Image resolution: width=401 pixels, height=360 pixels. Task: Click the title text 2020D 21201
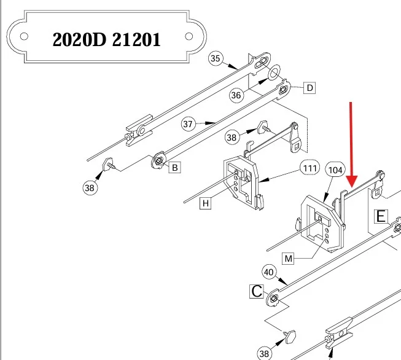pyautogui.click(x=106, y=39)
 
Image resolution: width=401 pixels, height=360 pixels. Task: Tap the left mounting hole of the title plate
pyautogui.click(x=24, y=36)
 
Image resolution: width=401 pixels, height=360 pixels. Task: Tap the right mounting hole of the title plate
pyautogui.click(x=189, y=36)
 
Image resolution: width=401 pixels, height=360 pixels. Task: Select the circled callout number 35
pyautogui.click(x=216, y=58)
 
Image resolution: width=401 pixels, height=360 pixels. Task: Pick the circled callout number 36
pyautogui.click(x=236, y=95)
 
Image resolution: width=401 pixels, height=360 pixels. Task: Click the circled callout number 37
pyautogui.click(x=188, y=124)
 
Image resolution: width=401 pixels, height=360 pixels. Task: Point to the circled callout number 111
pyautogui.click(x=310, y=168)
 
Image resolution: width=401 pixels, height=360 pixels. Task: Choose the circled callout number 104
pyautogui.click(x=335, y=170)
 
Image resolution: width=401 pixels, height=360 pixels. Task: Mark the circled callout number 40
pyautogui.click(x=269, y=272)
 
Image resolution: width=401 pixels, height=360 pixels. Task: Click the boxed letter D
pyautogui.click(x=310, y=88)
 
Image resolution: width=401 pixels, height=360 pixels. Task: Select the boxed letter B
pyautogui.click(x=174, y=168)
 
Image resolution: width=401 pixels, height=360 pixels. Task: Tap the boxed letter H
pyautogui.click(x=206, y=203)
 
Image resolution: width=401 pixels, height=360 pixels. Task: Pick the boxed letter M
pyautogui.click(x=288, y=259)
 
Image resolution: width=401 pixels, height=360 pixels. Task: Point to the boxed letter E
pyautogui.click(x=381, y=216)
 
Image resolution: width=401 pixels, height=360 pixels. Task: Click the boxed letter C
pyautogui.click(x=257, y=291)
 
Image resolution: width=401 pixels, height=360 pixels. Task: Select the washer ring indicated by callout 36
pyautogui.click(x=274, y=72)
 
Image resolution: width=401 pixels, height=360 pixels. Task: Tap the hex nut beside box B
pyautogui.click(x=159, y=161)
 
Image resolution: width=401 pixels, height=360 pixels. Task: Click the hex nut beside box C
pyautogui.click(x=274, y=299)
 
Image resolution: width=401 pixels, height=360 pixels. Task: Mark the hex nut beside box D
pyautogui.click(x=283, y=90)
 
